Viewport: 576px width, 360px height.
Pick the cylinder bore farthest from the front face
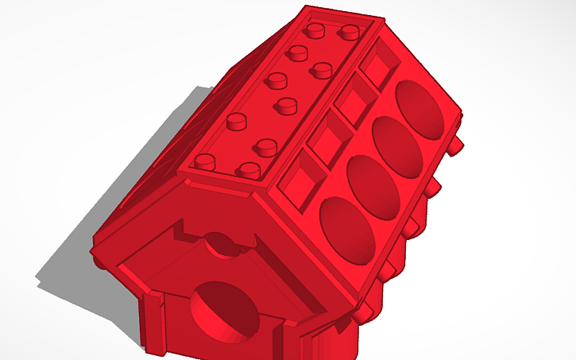[x=421, y=107]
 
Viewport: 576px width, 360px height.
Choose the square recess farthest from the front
[x=377, y=65]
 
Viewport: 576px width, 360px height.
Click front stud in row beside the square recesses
[x=250, y=168]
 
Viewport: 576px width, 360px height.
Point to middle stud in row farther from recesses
[x=276, y=79]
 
